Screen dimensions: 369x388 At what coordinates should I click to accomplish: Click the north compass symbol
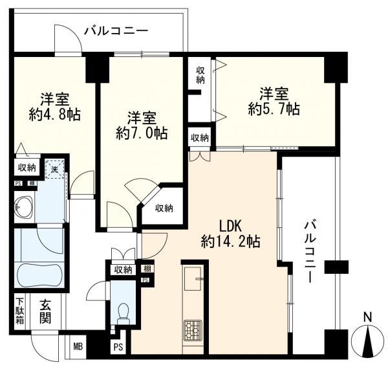tap(367, 339)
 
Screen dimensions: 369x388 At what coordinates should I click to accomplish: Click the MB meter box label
tap(78, 347)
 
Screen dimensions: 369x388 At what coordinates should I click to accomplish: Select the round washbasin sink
tap(21, 208)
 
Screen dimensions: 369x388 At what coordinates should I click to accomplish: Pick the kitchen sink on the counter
tap(194, 281)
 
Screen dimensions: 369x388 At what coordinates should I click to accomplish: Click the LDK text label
tap(230, 227)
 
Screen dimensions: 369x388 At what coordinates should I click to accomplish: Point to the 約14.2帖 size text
tap(230, 243)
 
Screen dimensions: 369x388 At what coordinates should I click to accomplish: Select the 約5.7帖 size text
tap(274, 109)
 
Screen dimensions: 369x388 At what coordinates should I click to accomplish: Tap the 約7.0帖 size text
tap(142, 134)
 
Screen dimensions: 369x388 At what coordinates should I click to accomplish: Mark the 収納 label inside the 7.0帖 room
tap(164, 208)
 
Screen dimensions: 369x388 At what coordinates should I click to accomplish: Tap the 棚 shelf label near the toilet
tap(147, 269)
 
